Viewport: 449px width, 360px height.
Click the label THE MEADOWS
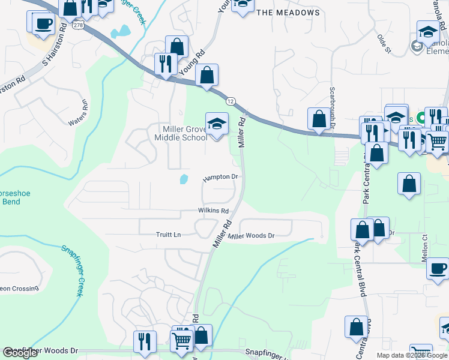tap(288, 12)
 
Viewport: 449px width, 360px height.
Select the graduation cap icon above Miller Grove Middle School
tap(217, 124)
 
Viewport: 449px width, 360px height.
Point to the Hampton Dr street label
tap(221, 178)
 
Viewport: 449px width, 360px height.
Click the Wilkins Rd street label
tap(214, 211)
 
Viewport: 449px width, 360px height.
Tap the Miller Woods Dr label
tap(251, 236)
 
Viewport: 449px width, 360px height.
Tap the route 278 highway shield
tap(79, 25)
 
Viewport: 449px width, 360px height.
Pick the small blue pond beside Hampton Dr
tap(184, 179)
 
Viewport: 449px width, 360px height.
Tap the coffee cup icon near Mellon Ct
tap(438, 268)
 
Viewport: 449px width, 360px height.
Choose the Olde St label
tap(384, 44)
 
